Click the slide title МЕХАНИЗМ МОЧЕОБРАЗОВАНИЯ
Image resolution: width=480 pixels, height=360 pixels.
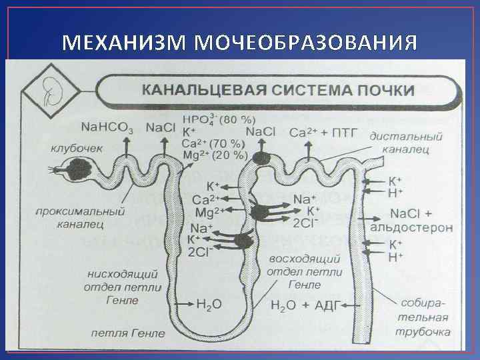pyautogui.click(x=240, y=43)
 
